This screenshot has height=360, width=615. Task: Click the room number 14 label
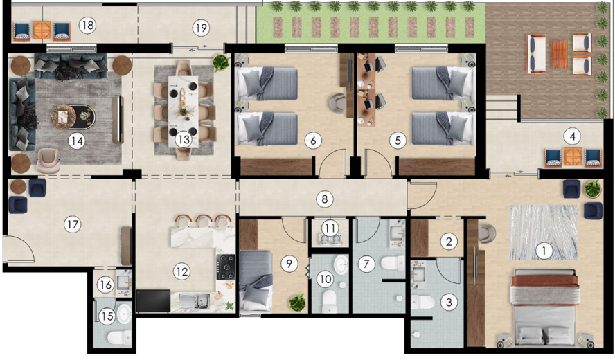click(76, 141)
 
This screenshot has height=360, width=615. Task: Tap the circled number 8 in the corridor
click(324, 199)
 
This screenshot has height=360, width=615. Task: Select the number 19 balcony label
click(201, 28)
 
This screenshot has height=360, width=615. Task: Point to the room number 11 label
click(330, 228)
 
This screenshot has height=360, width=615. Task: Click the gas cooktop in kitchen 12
click(226, 267)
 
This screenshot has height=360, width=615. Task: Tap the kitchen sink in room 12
click(194, 300)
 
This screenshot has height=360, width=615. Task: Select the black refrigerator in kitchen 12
click(153, 300)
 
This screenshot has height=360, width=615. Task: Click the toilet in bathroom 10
click(330, 302)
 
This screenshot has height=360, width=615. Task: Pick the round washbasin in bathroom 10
click(341, 264)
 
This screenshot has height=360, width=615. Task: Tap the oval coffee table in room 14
click(73, 117)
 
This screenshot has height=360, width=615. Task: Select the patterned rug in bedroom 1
click(543, 232)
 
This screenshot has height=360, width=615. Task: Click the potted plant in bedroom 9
click(297, 303)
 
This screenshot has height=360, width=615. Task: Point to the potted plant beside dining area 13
click(221, 62)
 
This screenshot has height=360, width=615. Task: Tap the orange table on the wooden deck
click(560, 54)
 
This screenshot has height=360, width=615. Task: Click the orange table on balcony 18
click(42, 30)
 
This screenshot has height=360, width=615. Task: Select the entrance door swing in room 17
click(19, 249)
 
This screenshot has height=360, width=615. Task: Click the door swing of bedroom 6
click(332, 163)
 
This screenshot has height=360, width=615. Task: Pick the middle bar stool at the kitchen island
click(204, 221)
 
